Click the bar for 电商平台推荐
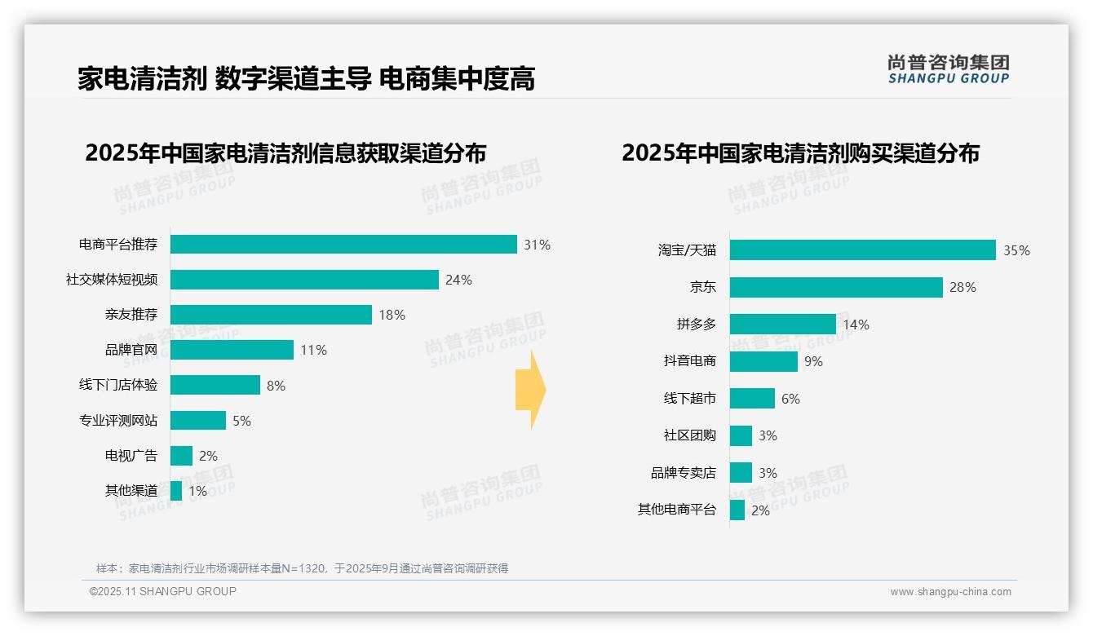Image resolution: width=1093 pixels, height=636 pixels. pyautogui.click(x=343, y=245)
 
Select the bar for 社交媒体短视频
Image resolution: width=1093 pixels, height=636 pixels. pyautogui.click(x=304, y=280)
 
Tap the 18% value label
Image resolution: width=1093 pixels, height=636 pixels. pyautogui.click(x=392, y=315)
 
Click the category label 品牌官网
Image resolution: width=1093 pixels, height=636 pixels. pyautogui.click(x=131, y=350)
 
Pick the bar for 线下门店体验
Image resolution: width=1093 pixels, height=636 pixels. pyautogui.click(x=215, y=385)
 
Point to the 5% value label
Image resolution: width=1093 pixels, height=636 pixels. pyautogui.click(x=241, y=421)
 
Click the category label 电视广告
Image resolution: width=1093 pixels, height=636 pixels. pyautogui.click(x=131, y=456)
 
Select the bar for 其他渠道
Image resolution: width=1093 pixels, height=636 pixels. pyautogui.click(x=176, y=491)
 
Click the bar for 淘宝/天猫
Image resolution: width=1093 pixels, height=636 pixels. pyautogui.click(x=862, y=250)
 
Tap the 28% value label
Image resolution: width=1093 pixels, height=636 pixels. pyautogui.click(x=962, y=287)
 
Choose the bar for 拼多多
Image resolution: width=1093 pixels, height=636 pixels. pyautogui.click(x=782, y=325)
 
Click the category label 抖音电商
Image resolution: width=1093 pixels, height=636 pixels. pyautogui.click(x=690, y=361)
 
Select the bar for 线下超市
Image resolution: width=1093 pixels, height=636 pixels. pyautogui.click(x=752, y=399)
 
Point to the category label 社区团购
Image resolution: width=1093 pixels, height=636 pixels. pyautogui.click(x=690, y=435)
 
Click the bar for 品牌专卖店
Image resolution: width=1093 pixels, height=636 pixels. pyautogui.click(x=741, y=473)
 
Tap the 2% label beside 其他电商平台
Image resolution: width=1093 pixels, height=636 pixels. pyautogui.click(x=760, y=510)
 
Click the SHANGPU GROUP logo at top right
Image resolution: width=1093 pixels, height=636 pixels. pyautogui.click(x=948, y=69)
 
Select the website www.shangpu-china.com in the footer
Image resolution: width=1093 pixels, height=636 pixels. pyautogui.click(x=950, y=592)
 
